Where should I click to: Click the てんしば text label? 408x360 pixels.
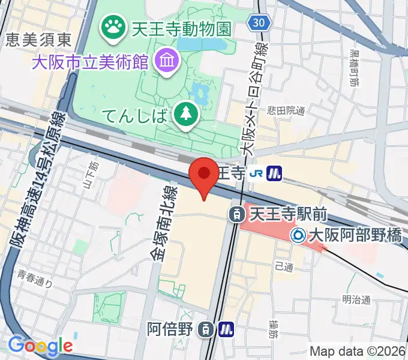point(134,115)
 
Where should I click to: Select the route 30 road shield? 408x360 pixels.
point(259,22)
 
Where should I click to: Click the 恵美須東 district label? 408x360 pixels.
point(40,40)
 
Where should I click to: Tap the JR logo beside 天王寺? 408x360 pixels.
point(256,173)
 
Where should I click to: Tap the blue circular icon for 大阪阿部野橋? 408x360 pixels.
point(298,235)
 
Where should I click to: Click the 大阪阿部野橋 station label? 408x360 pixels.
point(355,236)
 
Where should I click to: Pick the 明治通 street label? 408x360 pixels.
point(357,299)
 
